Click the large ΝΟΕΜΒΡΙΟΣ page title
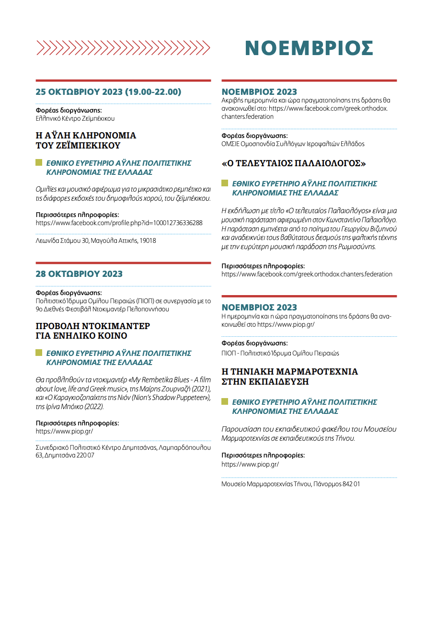tap(309, 48)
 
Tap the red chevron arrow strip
tap(123, 48)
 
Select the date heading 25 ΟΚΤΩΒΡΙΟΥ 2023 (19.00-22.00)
tap(108, 92)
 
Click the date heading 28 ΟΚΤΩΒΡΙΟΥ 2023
tap(79, 274)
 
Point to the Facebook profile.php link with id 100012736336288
tap(119, 223)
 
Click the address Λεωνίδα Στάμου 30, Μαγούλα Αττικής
tap(96, 240)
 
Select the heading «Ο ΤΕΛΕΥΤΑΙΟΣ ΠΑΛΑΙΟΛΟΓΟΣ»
tap(294, 163)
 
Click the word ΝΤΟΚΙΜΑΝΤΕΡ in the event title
tap(119, 326)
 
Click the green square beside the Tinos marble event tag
tap(225, 401)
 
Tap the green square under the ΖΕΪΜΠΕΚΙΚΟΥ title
tap(39, 163)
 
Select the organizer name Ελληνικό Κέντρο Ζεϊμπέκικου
tap(75, 118)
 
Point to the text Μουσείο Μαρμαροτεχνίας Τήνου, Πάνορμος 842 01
tap(290, 484)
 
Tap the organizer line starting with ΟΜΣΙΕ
tap(293, 144)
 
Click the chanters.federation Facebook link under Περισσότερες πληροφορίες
tap(307, 274)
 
